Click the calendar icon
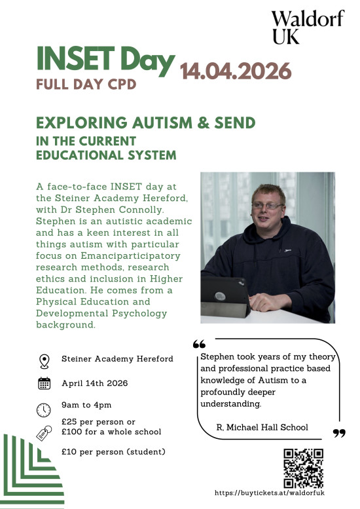[44, 384]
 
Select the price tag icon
[43, 433]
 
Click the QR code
[303, 468]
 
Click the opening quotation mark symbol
[200, 345]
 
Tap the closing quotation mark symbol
[338, 433]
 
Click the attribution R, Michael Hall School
[262, 427]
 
